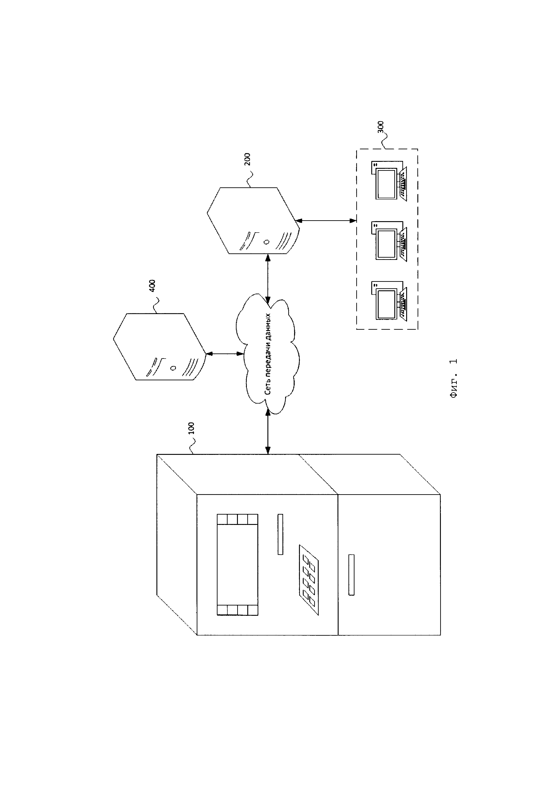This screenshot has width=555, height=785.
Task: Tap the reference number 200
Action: (x=248, y=159)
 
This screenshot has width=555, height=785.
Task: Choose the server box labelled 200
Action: (x=253, y=220)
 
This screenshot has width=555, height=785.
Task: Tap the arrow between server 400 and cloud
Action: (x=224, y=353)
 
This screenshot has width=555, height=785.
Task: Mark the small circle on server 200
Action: (x=266, y=242)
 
